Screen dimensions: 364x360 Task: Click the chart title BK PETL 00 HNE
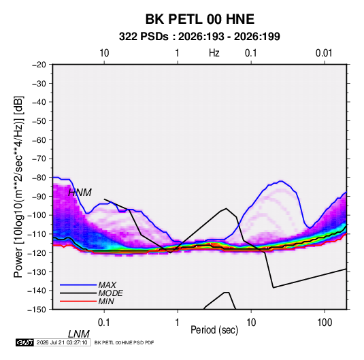click(199, 19)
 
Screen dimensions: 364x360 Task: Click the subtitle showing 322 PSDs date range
click(199, 37)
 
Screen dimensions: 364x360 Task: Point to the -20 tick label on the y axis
click(39, 65)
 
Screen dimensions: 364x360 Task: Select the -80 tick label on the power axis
click(39, 178)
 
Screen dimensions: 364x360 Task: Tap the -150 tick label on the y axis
click(37, 310)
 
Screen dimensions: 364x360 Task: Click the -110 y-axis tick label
click(37, 234)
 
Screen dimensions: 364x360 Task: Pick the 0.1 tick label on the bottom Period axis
click(103, 323)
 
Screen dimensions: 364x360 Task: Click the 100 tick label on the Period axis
click(325, 323)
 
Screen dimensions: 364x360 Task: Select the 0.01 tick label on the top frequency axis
click(324, 53)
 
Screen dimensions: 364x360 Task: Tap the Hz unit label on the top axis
click(214, 53)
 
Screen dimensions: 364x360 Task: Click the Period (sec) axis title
click(214, 330)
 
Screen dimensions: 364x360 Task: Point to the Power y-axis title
click(18, 186)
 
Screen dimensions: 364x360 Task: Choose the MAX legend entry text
click(107, 284)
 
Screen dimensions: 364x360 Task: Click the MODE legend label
click(110, 293)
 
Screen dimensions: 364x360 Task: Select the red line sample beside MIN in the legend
click(78, 301)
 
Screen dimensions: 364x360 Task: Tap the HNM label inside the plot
click(80, 193)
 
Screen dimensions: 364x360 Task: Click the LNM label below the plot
click(79, 334)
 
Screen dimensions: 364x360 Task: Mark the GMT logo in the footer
click(24, 342)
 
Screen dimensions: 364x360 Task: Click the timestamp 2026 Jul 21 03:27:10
click(62, 342)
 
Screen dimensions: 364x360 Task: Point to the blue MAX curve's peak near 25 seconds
click(281, 181)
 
